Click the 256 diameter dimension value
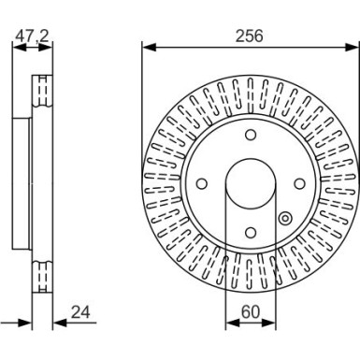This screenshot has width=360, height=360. pos(249,36)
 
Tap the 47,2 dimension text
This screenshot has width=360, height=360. pos(30,36)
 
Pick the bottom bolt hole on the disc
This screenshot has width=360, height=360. pos(249,234)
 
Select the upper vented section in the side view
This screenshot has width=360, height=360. pos(40,93)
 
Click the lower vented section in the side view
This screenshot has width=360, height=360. pos(40,276)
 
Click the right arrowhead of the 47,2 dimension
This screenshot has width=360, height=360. pos(49,46)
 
